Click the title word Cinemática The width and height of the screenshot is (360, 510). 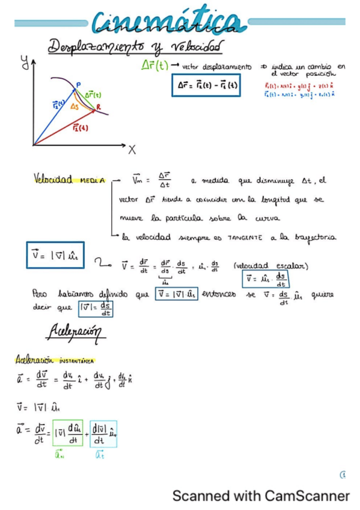(x=169, y=23)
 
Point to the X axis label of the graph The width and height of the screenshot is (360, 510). (x=132, y=149)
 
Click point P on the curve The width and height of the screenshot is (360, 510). (x=78, y=86)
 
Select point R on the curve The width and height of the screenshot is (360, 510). (x=99, y=107)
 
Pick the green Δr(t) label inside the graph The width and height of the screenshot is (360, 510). (x=93, y=95)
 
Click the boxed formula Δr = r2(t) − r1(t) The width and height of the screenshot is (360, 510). (x=207, y=86)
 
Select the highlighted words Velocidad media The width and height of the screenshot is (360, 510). (x=69, y=180)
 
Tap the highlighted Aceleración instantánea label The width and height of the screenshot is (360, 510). (x=55, y=361)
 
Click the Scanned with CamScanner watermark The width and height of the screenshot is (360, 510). (x=260, y=496)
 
